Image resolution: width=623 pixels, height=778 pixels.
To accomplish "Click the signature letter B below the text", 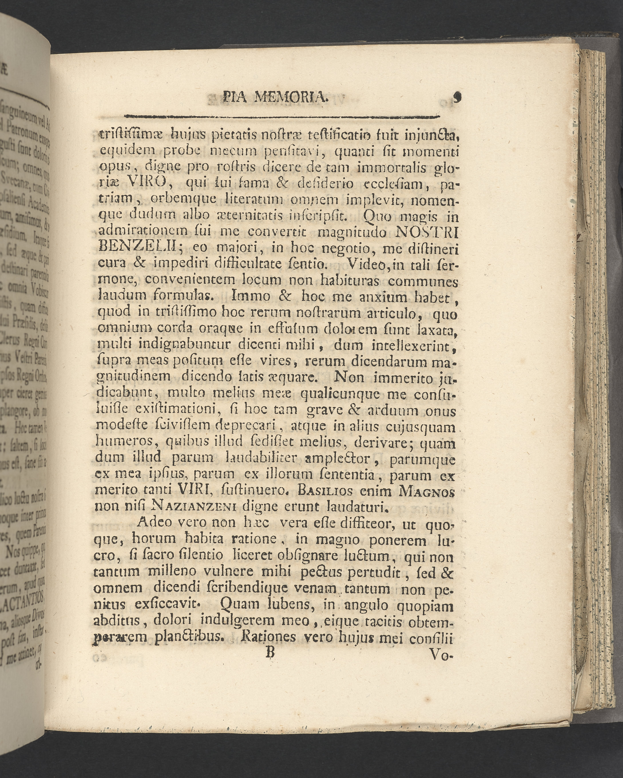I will click(269, 653).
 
